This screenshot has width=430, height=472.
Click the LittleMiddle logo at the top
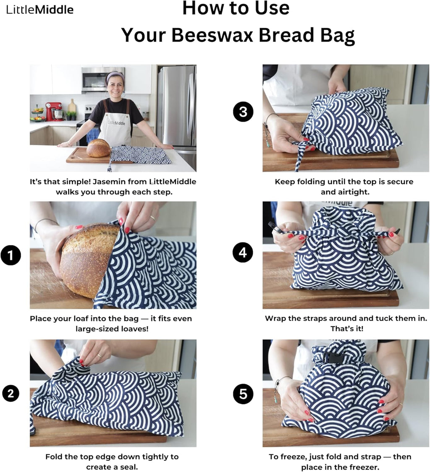(40, 9)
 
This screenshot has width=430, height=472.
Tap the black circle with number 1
(10, 256)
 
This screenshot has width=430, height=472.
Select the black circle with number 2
(10, 393)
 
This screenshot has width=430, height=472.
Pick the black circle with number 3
(243, 112)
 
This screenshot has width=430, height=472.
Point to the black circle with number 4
(243, 253)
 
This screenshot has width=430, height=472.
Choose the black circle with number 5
(243, 394)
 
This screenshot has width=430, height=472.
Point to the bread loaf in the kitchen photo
(98, 148)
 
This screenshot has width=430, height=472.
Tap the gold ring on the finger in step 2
(99, 355)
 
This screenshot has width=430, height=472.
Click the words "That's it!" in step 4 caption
(346, 329)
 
